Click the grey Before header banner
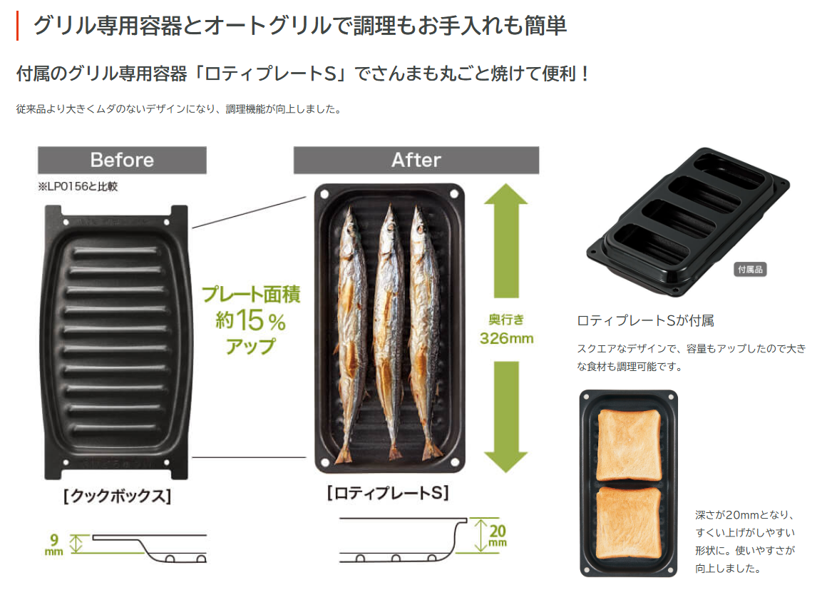coord(122,160)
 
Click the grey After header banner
coord(416,160)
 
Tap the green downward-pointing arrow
coord(505,414)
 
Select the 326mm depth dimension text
coord(506,337)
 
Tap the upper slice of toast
coord(628,445)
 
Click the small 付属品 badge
coord(750,270)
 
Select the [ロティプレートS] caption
coord(388,493)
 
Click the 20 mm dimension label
coord(497,535)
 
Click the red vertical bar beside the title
coord(17,26)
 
